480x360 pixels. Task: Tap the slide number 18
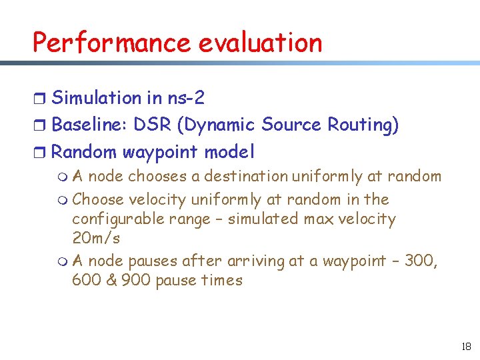[x=465, y=347]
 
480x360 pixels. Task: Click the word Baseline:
[x=89, y=125]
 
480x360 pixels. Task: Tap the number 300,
[x=421, y=261]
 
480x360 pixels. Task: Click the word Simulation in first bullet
[x=97, y=98]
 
